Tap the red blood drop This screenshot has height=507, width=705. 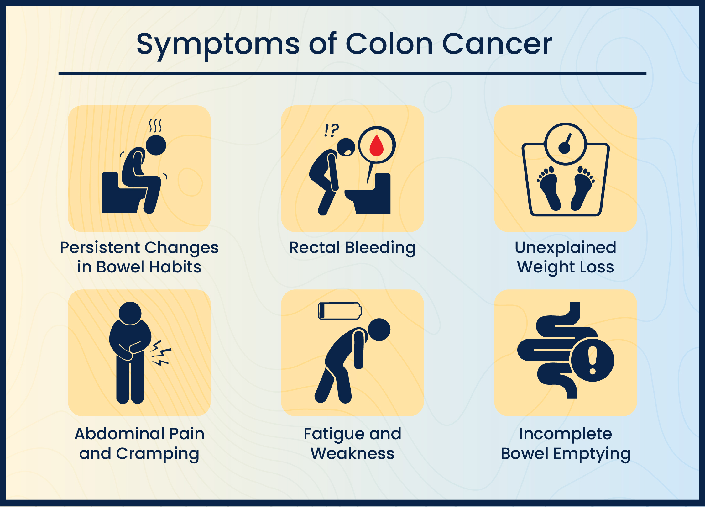[x=376, y=145]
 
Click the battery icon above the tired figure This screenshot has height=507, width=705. [x=340, y=311]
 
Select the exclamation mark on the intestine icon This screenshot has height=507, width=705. [x=592, y=360]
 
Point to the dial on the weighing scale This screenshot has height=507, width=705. [x=565, y=144]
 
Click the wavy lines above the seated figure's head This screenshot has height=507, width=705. [x=155, y=125]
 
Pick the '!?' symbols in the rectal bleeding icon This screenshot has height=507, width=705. [x=332, y=130]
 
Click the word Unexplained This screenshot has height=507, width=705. [x=565, y=248]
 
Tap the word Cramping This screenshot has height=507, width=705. [x=158, y=454]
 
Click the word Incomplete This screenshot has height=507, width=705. [x=565, y=434]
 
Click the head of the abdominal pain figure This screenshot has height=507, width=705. [x=130, y=313]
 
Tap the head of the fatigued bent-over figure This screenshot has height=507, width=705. [x=379, y=329]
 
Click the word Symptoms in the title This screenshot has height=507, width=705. [x=218, y=44]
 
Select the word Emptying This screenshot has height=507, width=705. [x=592, y=454]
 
